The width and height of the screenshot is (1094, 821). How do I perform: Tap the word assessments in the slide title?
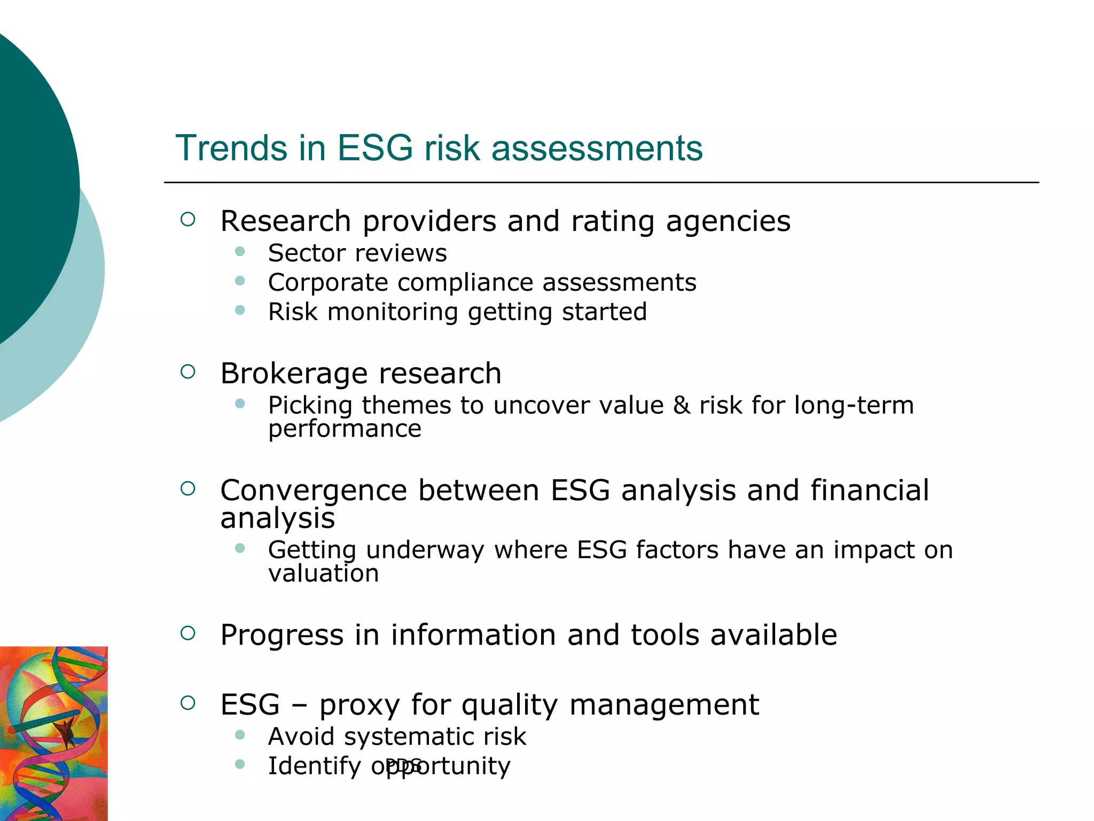coord(597,148)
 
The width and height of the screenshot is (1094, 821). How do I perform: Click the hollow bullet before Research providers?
coord(187,219)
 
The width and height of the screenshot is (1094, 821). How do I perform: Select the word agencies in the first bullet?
coord(728,222)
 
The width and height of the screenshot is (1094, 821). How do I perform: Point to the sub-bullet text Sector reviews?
coord(357,253)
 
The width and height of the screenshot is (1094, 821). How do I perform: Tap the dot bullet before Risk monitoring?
coord(240,310)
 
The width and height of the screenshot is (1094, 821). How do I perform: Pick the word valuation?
coord(323,574)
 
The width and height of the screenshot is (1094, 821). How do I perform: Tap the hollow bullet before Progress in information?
coord(187,633)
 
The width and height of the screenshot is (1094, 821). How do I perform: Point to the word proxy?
coord(360,706)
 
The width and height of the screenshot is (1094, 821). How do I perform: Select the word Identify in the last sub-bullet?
coord(314,766)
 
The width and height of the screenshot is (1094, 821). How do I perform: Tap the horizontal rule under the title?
coord(601,182)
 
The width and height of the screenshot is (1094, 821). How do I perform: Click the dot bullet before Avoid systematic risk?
coord(240,735)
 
